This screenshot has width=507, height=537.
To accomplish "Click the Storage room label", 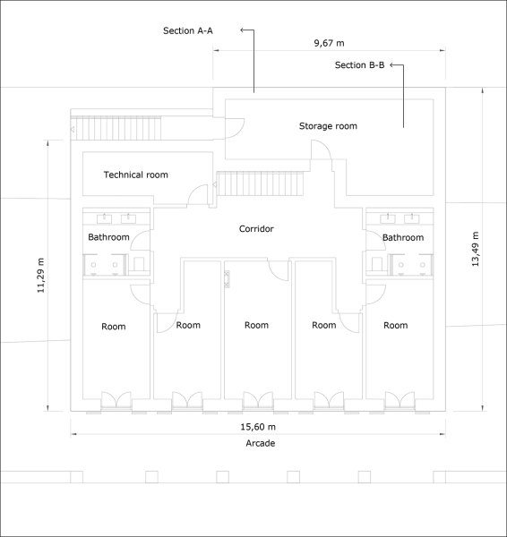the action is click(328, 126).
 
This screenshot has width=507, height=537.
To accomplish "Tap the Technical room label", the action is click(136, 175).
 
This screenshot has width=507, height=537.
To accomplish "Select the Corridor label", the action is click(256, 229).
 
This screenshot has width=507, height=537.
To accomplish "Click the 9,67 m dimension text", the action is click(329, 43).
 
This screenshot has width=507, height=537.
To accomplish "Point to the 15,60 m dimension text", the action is click(258, 427).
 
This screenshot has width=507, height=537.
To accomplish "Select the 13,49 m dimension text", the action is click(475, 249).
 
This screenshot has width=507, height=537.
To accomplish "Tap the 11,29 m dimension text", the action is click(41, 276).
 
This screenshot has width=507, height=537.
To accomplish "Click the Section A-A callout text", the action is click(188, 30).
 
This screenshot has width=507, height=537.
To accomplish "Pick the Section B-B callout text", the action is click(359, 65).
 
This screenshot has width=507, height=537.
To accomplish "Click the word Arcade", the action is click(260, 443).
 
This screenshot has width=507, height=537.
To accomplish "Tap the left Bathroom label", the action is click(108, 237).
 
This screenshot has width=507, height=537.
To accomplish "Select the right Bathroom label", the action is click(403, 237).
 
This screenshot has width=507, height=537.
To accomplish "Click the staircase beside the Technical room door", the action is click(260, 183).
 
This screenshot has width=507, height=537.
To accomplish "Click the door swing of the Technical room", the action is click(198, 195).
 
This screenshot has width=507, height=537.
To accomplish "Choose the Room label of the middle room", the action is click(256, 325).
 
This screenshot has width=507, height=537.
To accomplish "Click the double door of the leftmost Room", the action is click(116, 400).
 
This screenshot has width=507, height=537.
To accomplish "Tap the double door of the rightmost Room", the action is click(400, 400).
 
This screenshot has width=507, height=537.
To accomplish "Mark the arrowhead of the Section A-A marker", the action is click(242, 30).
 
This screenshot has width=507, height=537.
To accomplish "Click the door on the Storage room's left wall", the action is click(235, 128).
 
